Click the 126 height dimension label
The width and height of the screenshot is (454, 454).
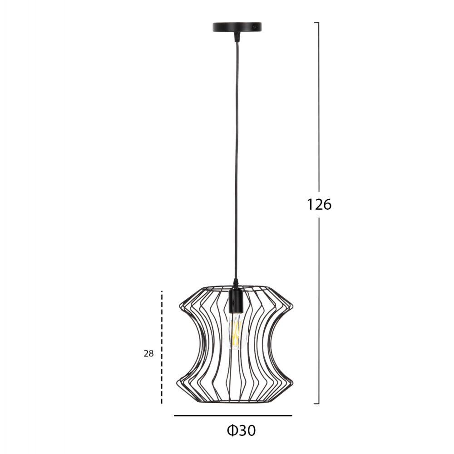tap(319, 204)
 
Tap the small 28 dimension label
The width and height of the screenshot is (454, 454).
tap(148, 354)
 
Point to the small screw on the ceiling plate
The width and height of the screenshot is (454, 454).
tap(254, 27)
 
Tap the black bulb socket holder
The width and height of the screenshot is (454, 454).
tap(236, 301)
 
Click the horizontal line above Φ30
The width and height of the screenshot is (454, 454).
tap(233, 415)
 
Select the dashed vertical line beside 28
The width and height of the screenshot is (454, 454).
tap(162, 347)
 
